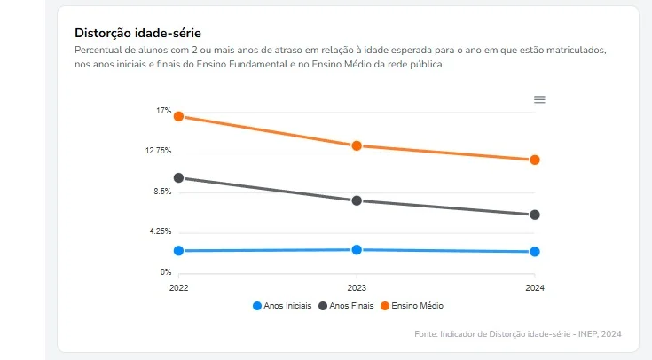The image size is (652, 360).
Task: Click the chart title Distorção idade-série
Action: click(x=137, y=34)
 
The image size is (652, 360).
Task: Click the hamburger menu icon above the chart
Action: click(x=539, y=99)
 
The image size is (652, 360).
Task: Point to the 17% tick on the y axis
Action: click(x=163, y=111)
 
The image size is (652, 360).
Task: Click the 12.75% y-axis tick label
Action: click(x=159, y=151)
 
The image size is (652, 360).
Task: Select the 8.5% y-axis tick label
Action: click(x=161, y=192)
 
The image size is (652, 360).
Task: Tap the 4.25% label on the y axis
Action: click(x=160, y=231)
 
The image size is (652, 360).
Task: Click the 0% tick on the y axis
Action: click(x=165, y=272)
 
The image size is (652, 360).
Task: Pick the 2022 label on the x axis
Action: click(x=179, y=288)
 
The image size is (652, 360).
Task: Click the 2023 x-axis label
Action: click(x=357, y=288)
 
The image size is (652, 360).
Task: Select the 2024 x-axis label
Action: click(x=535, y=288)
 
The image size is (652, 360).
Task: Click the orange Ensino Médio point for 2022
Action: click(x=178, y=116)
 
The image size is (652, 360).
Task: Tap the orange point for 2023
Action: click(x=357, y=145)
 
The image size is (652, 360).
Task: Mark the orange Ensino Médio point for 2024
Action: click(x=535, y=160)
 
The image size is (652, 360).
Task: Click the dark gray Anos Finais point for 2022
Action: click(x=178, y=178)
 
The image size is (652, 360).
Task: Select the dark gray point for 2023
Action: click(x=357, y=200)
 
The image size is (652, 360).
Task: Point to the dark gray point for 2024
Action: click(x=535, y=215)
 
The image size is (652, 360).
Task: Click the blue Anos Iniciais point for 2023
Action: click(x=357, y=250)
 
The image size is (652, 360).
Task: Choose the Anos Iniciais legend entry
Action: click(x=282, y=306)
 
